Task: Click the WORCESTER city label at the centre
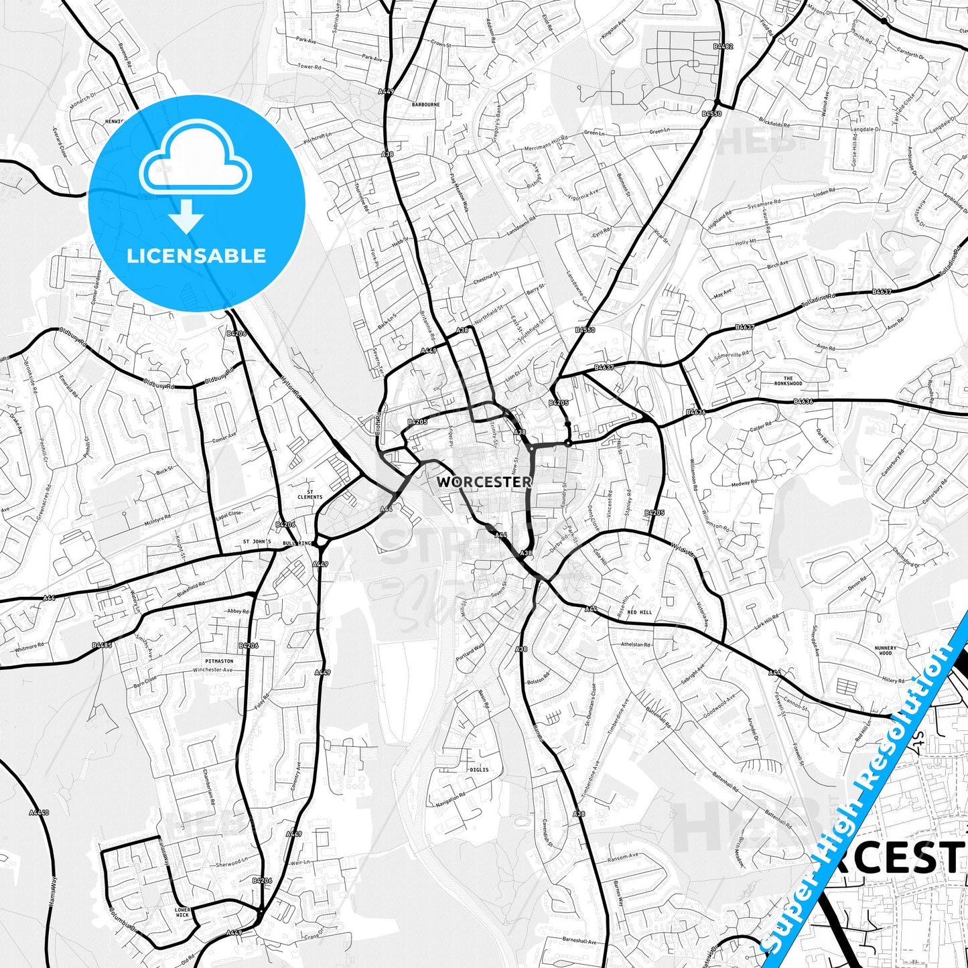tap(484, 482)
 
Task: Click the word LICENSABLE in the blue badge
tap(196, 255)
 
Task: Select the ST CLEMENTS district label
tap(310, 494)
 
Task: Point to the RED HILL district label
tap(640, 612)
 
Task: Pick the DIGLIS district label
tap(479, 770)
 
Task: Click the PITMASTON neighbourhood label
tap(220, 661)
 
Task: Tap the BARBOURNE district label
tap(426, 105)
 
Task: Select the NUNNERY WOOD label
tap(886, 650)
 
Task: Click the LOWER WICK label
tap(182, 912)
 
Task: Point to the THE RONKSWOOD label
tap(788, 381)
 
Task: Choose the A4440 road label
tap(40, 812)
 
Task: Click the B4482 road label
tap(723, 47)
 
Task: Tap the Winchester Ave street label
tap(212, 670)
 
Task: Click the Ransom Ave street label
tap(623, 857)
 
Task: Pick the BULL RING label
tap(298, 543)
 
